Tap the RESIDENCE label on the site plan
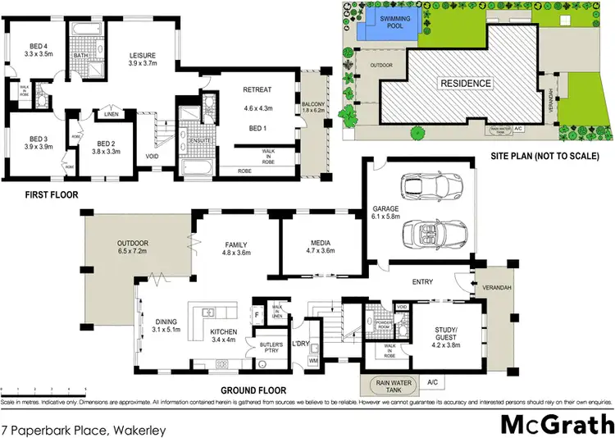tap(465, 83)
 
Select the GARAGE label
tap(385, 208)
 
